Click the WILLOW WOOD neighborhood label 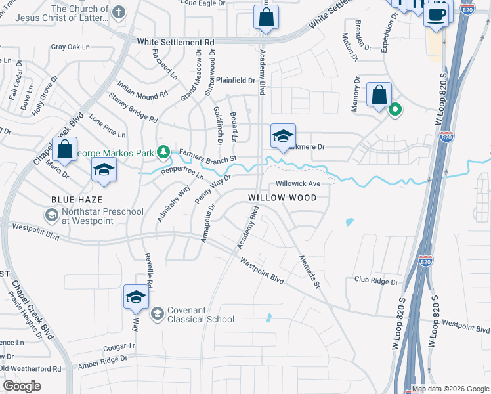pos(282,198)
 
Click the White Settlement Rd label pos(176,42)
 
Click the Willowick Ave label pos(298,183)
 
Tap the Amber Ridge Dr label pos(103,363)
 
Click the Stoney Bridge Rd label pos(133,110)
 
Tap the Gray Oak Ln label pos(70,47)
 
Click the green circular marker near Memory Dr pos(395,110)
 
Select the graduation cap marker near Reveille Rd pos(136,297)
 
